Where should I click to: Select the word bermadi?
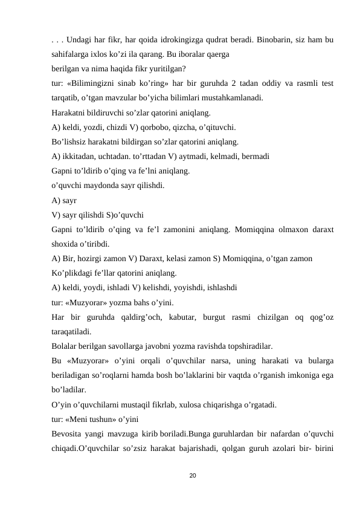[254, 156]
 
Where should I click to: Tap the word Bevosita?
[69, 433]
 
